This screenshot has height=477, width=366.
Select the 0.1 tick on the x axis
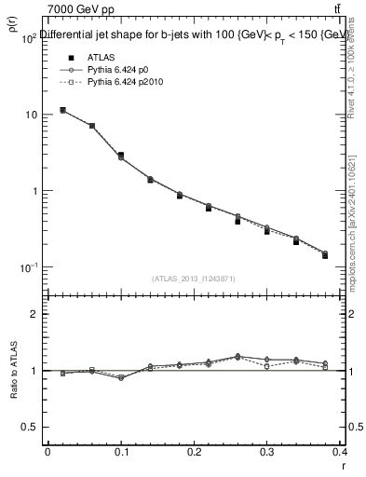tap(120, 453)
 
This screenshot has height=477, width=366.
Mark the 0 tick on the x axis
tap(47, 453)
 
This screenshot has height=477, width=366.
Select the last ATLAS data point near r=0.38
tap(325, 255)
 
